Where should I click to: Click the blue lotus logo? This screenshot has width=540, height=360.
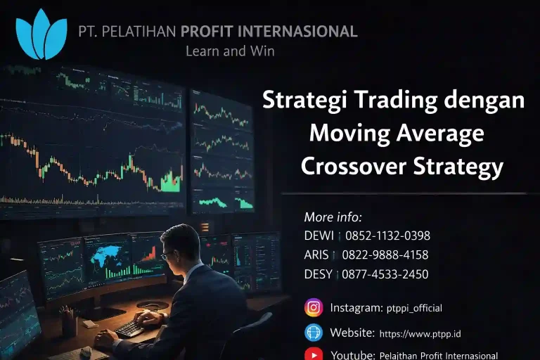coord(41,34)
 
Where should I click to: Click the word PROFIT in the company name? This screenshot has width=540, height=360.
coord(210,32)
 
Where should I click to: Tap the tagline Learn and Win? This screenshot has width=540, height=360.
coord(230,51)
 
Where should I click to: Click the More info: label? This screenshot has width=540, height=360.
coord(333,217)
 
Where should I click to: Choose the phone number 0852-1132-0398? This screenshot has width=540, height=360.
coord(387,236)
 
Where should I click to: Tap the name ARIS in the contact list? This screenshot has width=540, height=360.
coord(317,255)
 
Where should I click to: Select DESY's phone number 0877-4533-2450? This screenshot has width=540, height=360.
coord(385,274)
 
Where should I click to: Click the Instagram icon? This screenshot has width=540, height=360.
coord(314,308)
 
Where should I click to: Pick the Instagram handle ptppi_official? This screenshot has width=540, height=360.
coord(414,308)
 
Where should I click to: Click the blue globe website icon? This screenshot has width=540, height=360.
coord(314,333)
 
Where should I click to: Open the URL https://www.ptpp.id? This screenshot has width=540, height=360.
coord(420,333)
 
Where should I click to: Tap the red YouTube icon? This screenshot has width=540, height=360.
coord(314,354)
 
